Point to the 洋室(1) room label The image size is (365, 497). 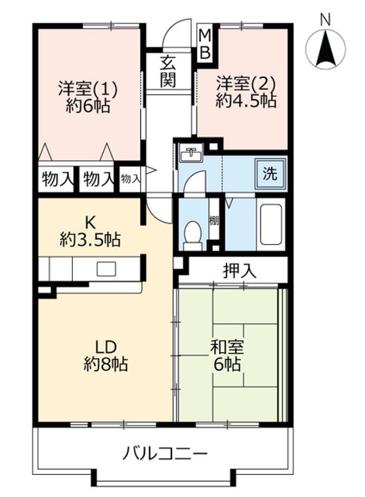click(86, 89)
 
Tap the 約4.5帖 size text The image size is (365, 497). click(246, 101)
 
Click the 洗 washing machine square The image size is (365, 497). click(270, 173)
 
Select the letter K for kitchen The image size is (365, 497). click(90, 223)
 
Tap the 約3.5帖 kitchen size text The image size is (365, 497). click(90, 240)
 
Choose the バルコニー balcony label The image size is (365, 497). click(165, 454)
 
